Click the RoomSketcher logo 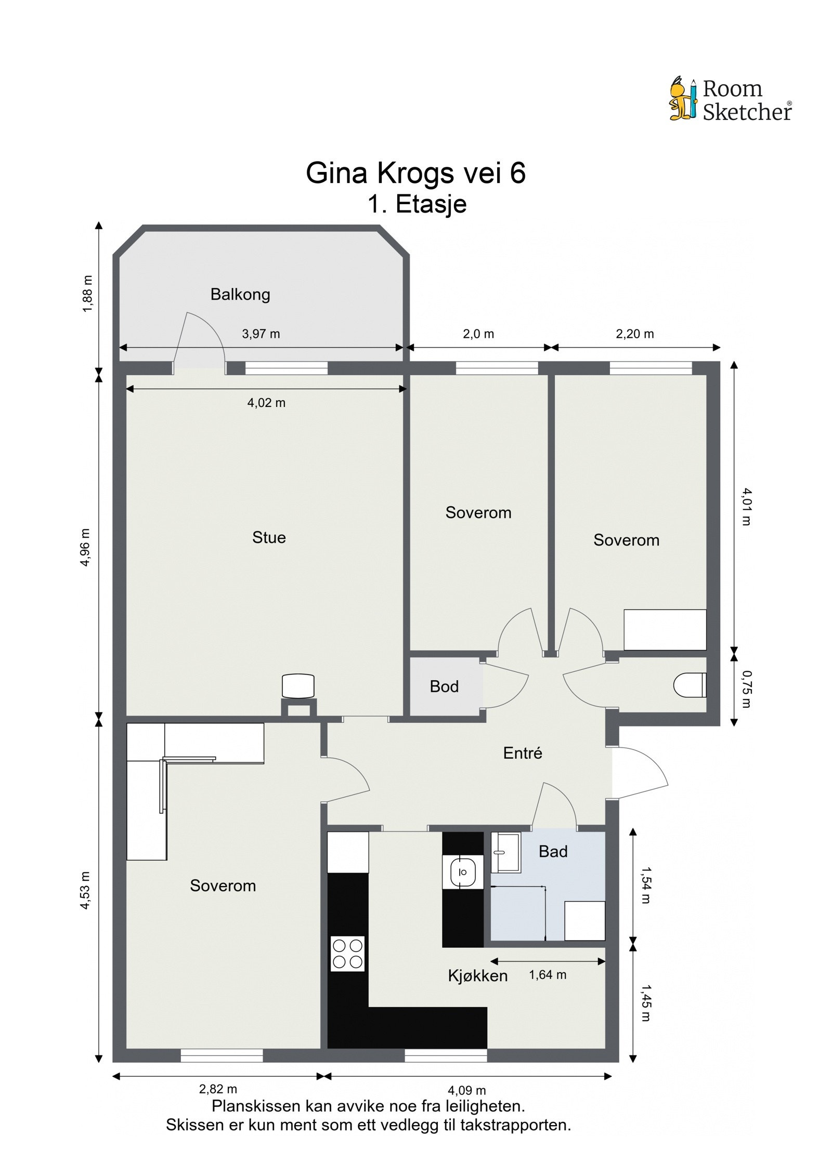730,99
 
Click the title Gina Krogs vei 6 415,173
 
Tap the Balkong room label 240,295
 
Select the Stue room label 269,537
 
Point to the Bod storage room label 444,686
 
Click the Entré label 523,753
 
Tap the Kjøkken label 478,975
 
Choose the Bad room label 553,851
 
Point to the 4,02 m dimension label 266,403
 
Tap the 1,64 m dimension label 548,975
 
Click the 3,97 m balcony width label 261,334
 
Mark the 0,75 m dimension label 746,689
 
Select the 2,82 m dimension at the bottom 218,1089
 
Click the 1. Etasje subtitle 417,204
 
